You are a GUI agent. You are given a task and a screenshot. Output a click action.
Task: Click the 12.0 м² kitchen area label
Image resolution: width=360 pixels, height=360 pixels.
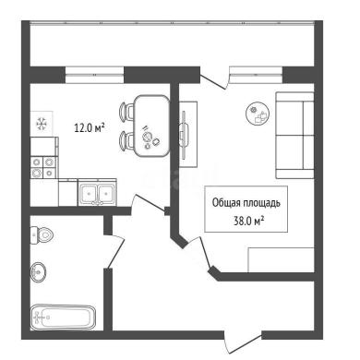coord(90,127)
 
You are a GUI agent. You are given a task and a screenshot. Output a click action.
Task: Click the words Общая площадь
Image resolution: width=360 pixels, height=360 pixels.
coord(246,203)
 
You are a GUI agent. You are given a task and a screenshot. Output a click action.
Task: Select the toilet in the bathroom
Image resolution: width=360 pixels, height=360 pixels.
coord(42,235)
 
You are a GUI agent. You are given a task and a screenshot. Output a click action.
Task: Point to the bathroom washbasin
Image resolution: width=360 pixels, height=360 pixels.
coord(39,271)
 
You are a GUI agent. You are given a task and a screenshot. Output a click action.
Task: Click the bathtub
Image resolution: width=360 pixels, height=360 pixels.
coord(63,317)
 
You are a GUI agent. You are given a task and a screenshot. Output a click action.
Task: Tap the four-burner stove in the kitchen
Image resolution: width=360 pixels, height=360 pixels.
coord(43,167)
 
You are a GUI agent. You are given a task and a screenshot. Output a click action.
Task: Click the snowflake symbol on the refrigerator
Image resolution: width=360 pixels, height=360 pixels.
coord(42,124)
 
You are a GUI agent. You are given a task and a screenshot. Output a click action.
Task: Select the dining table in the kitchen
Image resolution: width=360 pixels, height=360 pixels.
coord(152,126)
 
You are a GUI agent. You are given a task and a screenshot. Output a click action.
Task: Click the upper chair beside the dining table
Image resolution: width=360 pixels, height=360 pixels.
coord(126,111)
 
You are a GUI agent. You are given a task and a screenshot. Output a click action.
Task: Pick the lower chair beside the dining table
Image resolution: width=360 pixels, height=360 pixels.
coord(126,141)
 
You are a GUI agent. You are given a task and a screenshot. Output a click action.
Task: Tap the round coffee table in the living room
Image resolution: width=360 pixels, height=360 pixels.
coord(258,114)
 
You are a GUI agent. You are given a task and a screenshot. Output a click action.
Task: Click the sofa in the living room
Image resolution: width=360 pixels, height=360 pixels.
coord(294,135)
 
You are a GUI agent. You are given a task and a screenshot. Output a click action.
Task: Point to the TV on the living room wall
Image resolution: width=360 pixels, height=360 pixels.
coord(184,135)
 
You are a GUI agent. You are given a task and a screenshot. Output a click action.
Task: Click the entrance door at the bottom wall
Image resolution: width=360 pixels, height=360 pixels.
coord(243,342)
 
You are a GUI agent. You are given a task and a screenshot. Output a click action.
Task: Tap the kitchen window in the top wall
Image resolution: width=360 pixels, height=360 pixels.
coord(95,75)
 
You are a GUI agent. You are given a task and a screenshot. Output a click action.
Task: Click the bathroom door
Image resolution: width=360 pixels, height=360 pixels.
coord(116,252)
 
